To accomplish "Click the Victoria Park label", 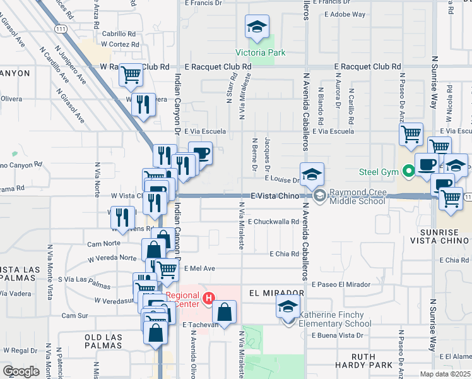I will [x=261, y=52].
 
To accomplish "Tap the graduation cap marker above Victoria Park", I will [x=257, y=27].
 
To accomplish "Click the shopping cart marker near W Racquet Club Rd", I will [x=131, y=75].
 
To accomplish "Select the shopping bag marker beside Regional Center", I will [x=224, y=311].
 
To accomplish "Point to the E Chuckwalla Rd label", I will [x=273, y=222].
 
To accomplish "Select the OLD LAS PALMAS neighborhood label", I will [x=107, y=337].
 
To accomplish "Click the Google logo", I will [x=21, y=371].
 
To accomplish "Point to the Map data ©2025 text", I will [x=445, y=374].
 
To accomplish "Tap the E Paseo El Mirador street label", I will [x=341, y=285].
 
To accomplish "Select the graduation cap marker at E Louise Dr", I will [x=312, y=174].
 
